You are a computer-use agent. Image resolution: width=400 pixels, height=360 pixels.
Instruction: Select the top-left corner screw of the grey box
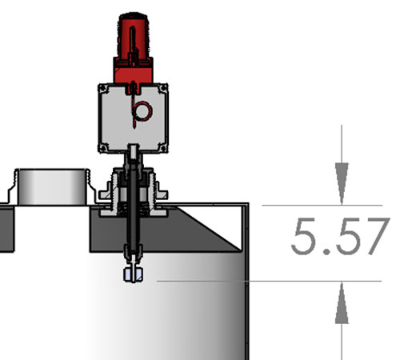pos(102,90)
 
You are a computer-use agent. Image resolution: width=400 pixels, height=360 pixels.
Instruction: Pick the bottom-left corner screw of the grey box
pos(102,146)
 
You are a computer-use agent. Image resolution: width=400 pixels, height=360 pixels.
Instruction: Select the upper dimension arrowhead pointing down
pos(342,177)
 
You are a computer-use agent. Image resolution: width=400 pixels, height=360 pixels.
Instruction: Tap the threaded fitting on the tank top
pos(134,196)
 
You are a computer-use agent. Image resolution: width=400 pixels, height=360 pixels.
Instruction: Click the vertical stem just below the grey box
pos(134,156)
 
